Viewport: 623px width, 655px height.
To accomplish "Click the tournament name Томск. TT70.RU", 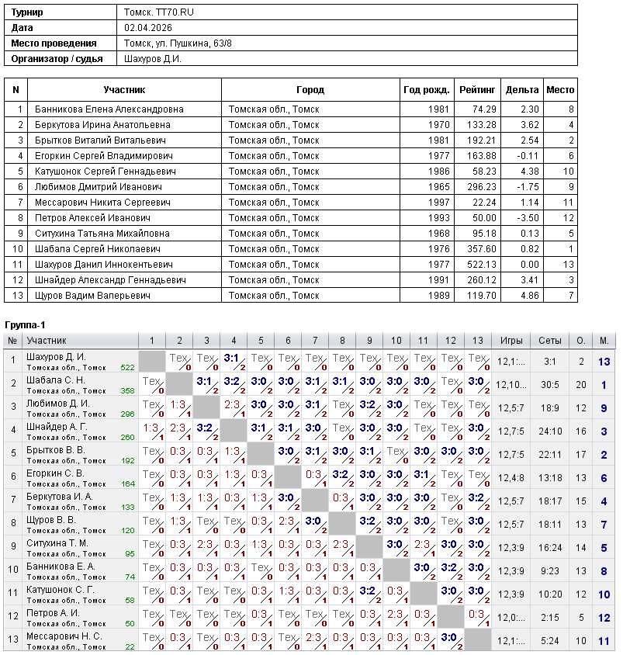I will pos(154,12).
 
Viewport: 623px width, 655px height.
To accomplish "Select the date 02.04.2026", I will pos(147,28).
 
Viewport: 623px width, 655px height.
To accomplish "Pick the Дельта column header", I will pos(522,90).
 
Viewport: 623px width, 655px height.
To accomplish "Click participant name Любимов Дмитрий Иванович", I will pos(98,187).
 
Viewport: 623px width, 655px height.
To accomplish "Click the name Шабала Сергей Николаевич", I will pos(98,249).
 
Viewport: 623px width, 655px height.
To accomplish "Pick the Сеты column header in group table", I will pos(550,340).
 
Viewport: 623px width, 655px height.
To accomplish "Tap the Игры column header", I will pos(511,340).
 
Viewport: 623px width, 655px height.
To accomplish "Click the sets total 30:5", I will pos(550,384).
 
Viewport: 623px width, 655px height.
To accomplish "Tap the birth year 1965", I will pos(438,187).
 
